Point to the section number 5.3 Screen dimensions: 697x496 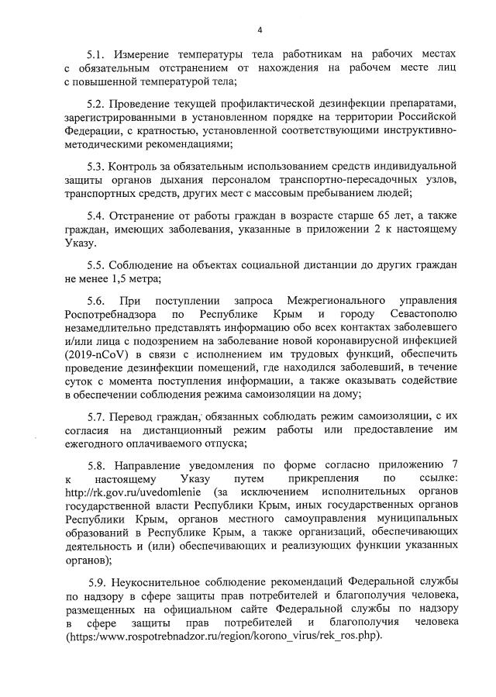point(96,166)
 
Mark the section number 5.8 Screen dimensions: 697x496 point(96,466)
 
